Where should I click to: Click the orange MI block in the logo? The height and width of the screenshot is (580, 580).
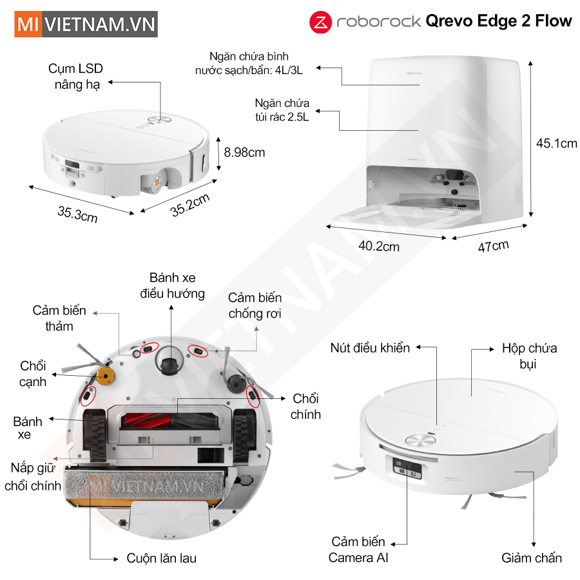click(x=28, y=24)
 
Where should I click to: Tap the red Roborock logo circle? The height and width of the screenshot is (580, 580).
click(x=320, y=22)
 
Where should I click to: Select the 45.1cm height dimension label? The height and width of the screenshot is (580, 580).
click(x=556, y=144)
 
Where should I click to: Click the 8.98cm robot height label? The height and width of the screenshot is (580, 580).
click(x=244, y=152)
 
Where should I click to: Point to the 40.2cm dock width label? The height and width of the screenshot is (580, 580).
click(x=379, y=246)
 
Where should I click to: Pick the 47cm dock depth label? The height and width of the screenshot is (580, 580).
click(x=494, y=246)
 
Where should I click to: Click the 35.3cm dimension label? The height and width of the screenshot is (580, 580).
click(x=78, y=214)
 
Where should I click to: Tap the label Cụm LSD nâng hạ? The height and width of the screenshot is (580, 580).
click(x=76, y=77)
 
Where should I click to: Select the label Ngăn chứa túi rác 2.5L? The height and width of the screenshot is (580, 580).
click(x=282, y=110)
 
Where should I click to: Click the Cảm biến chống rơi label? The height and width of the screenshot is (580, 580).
click(x=255, y=305)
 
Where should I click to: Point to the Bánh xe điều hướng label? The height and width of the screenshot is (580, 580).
click(x=172, y=285)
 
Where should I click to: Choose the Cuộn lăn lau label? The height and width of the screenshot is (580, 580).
click(x=162, y=558)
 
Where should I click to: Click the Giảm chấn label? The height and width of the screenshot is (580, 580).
click(x=532, y=558)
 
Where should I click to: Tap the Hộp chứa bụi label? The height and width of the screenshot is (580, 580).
click(x=529, y=356)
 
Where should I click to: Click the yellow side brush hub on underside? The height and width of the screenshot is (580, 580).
click(x=106, y=376)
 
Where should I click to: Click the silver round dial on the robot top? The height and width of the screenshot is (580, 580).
click(x=421, y=440)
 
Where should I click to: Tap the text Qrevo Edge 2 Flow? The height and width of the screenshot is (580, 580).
click(x=499, y=21)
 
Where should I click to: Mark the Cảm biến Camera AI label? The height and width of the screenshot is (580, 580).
click(x=358, y=550)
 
